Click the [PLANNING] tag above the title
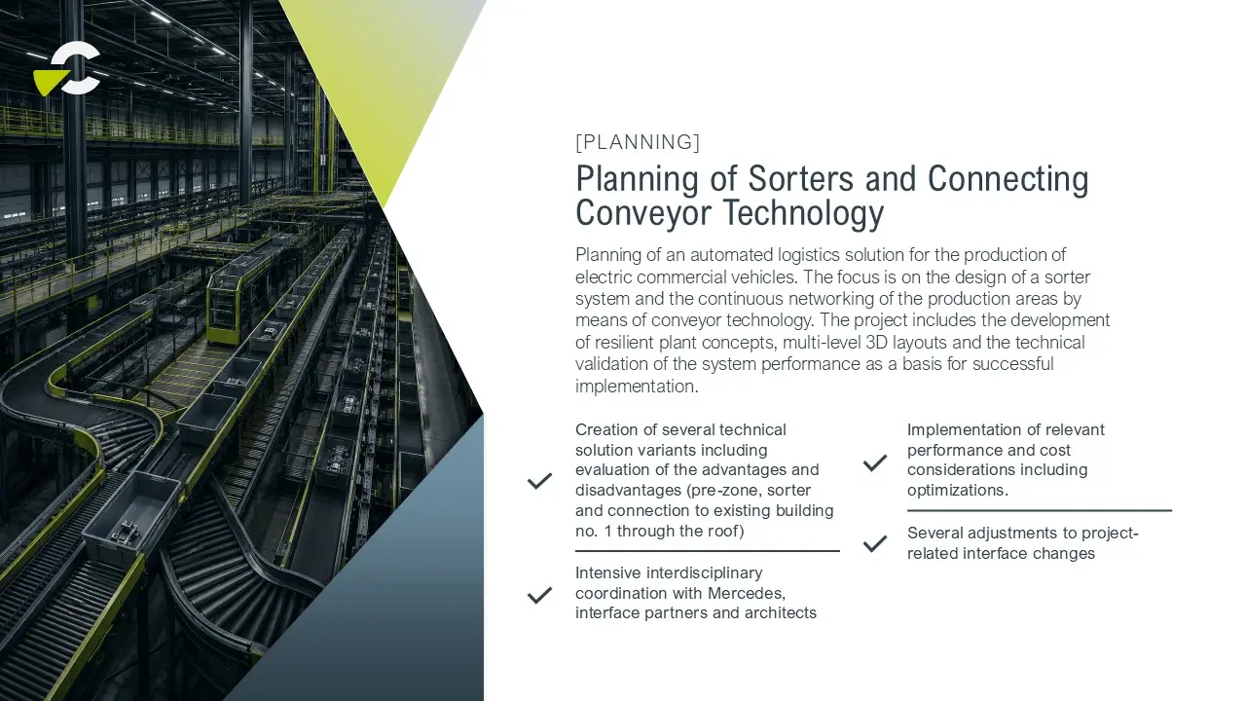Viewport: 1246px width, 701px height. click(638, 142)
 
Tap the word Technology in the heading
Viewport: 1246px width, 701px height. click(803, 213)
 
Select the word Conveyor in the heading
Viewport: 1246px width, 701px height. click(643, 213)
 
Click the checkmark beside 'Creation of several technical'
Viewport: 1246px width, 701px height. click(539, 481)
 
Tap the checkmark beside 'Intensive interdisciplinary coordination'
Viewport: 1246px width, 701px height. click(539, 595)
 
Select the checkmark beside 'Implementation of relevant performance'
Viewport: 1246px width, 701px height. click(875, 462)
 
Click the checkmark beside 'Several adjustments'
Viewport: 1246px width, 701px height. click(875, 543)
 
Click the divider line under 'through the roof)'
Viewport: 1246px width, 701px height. click(708, 551)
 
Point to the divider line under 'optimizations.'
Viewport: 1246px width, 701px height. click(1039, 510)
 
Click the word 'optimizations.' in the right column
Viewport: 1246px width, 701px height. click(957, 491)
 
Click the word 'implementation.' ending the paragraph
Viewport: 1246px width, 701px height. click(637, 387)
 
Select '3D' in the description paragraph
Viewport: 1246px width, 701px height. click(877, 342)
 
